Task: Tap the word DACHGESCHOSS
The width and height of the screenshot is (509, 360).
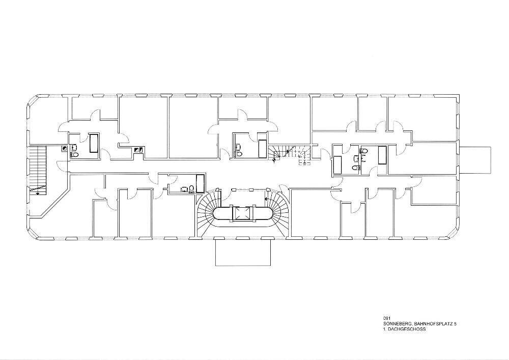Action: pyautogui.click(x=407, y=329)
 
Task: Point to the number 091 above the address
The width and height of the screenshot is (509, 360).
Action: pyautogui.click(x=386, y=319)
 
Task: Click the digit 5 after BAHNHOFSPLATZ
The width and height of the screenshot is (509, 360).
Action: pyautogui.click(x=456, y=324)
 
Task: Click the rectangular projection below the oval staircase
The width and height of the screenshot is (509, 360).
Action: pyautogui.click(x=242, y=252)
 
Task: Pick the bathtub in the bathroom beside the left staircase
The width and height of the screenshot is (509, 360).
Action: pyautogui.click(x=94, y=143)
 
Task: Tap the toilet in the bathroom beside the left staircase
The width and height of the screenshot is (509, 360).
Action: pyautogui.click(x=74, y=154)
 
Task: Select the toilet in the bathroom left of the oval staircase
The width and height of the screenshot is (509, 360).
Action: pyautogui.click(x=191, y=189)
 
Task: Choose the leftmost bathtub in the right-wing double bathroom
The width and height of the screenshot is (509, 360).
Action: pyautogui.click(x=337, y=164)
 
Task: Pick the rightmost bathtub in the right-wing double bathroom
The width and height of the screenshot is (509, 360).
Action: pyautogui.click(x=382, y=154)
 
